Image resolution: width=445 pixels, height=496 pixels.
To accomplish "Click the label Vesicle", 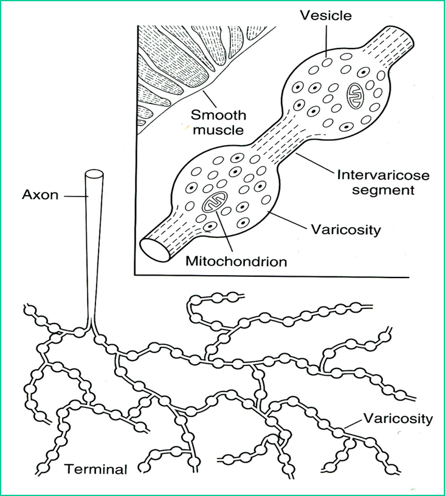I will coord(326,16).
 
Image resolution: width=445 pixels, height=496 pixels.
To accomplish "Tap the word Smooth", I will coord(211,115).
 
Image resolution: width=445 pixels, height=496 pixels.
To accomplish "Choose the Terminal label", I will coord(96,469).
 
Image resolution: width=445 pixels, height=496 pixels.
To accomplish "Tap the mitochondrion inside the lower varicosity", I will coord(213,203).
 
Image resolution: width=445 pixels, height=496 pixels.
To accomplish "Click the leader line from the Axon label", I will coord(74,196).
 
